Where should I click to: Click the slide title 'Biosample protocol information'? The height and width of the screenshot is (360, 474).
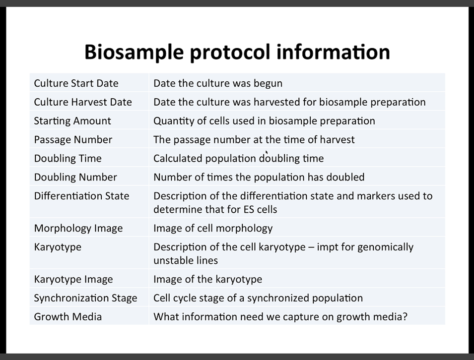pyautogui.click(x=237, y=52)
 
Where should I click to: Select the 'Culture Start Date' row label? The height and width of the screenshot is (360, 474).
pyautogui.click(x=76, y=83)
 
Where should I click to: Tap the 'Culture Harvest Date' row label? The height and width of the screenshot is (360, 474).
pyautogui.click(x=83, y=102)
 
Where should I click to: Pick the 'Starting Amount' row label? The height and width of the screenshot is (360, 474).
pyautogui.click(x=72, y=121)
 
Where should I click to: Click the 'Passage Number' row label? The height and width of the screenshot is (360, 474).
pyautogui.click(x=73, y=140)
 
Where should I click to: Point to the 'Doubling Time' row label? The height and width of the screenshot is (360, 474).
pyautogui.click(x=68, y=159)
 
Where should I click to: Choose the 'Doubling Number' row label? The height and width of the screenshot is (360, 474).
pyautogui.click(x=75, y=178)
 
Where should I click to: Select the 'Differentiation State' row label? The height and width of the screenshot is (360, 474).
pyautogui.click(x=81, y=196)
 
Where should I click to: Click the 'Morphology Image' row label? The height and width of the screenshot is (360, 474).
pyautogui.click(x=78, y=229)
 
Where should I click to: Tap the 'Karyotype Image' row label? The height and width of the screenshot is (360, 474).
pyautogui.click(x=73, y=279)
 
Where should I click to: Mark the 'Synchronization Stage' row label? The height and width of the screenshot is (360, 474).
pyautogui.click(x=85, y=298)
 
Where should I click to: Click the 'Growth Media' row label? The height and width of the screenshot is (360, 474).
pyautogui.click(x=68, y=316)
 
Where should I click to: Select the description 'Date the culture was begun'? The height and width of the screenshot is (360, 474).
pyautogui.click(x=218, y=83)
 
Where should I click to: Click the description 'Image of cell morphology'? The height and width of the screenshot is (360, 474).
pyautogui.click(x=213, y=229)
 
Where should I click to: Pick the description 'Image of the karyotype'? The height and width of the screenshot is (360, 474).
pyautogui.click(x=207, y=279)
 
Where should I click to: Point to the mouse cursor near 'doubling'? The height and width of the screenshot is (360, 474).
pyautogui.click(x=267, y=153)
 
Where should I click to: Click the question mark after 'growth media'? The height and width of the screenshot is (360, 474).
pyautogui.click(x=405, y=316)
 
